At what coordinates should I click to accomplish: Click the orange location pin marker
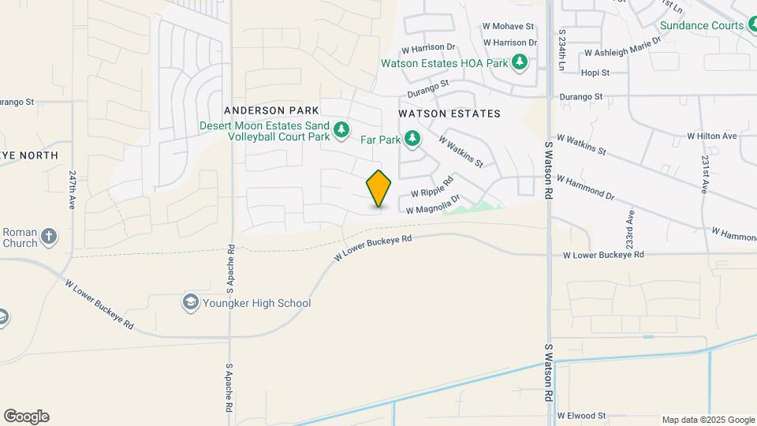click(378, 189)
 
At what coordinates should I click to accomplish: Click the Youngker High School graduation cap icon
click(190, 302)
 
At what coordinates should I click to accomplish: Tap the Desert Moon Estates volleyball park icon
click(341, 129)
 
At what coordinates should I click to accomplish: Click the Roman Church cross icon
click(49, 236)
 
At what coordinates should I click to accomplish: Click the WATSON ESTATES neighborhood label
click(449, 114)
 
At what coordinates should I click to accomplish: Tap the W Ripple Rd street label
click(431, 187)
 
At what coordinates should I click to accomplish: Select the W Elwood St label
click(580, 415)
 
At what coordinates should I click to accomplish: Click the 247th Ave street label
click(73, 189)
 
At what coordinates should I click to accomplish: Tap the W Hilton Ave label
click(711, 136)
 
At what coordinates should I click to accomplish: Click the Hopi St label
click(595, 73)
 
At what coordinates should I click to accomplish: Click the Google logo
click(26, 417)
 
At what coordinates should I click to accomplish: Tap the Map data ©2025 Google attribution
click(708, 420)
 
